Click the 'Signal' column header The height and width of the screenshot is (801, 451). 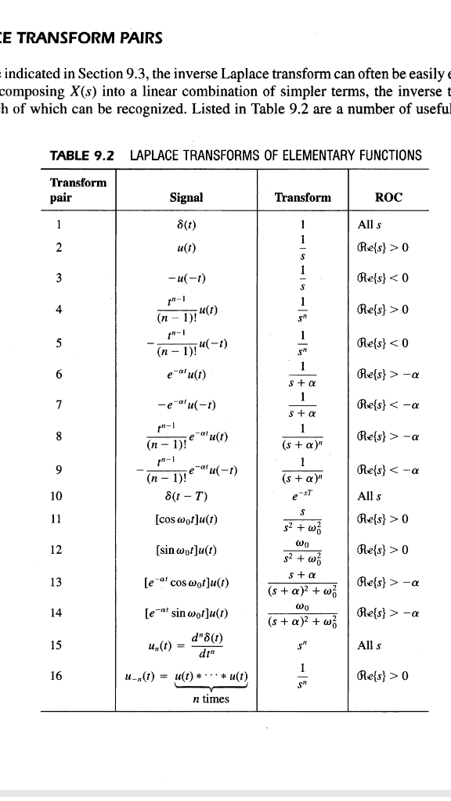(186, 198)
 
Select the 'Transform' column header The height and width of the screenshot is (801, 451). (302, 198)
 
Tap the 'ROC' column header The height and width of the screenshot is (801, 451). (389, 198)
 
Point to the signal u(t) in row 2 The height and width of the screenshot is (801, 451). (186, 247)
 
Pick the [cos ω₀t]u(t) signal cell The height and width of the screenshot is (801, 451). (186, 519)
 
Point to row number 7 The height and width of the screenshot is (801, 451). (54, 404)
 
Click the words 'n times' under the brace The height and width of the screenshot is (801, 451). (212, 699)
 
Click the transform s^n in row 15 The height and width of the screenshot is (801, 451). (302, 645)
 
